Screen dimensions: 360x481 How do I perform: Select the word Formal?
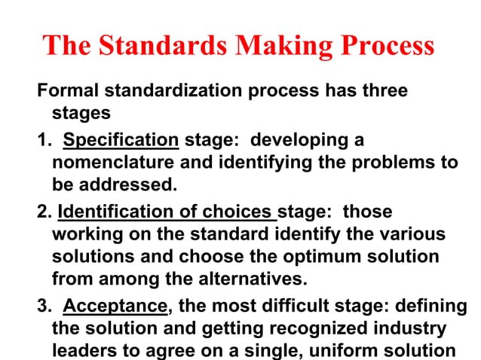point(69,91)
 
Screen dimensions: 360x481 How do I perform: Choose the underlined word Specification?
point(121,140)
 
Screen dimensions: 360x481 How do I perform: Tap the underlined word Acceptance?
point(115,307)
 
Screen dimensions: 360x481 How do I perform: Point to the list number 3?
point(43,307)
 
